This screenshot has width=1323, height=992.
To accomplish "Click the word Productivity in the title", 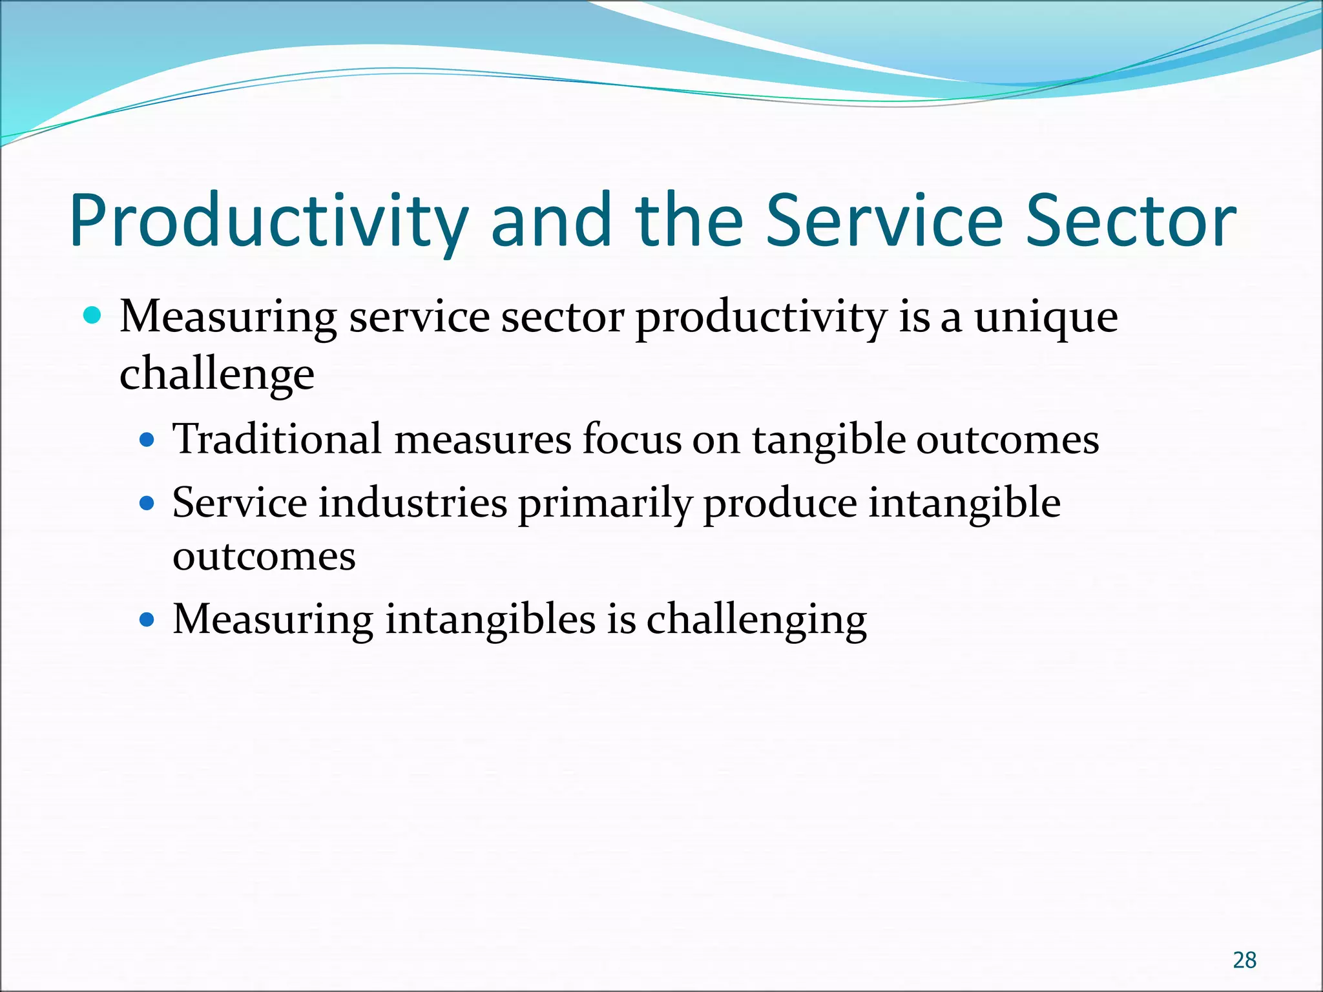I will pos(268,221).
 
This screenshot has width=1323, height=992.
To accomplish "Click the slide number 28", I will pos(1244,960).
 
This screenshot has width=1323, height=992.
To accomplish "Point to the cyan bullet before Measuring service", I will pos(93,316).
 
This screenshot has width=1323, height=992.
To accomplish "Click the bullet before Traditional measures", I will pos(148,440).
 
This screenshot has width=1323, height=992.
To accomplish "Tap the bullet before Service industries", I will pos(148,503).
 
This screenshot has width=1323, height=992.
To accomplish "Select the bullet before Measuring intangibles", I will pos(148,620).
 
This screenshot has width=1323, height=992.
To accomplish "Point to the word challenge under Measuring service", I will pos(217,375).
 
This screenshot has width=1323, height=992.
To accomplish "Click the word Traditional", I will pos(277,439).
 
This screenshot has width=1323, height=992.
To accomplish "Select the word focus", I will pos(631,439).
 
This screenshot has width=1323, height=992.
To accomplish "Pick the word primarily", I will pos(605,504).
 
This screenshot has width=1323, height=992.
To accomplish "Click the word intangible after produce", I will pos(964,504).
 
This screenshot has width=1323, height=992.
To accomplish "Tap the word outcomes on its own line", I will pos(264,557).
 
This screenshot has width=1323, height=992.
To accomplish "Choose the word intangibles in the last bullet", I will pos(490,620).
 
